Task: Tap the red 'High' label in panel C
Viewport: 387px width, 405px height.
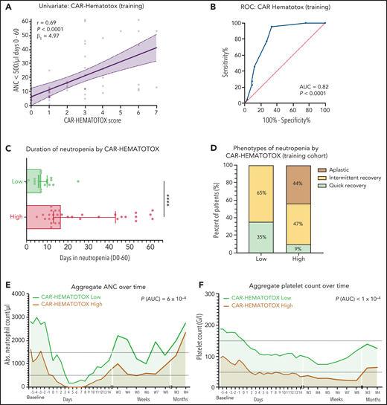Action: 15,216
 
